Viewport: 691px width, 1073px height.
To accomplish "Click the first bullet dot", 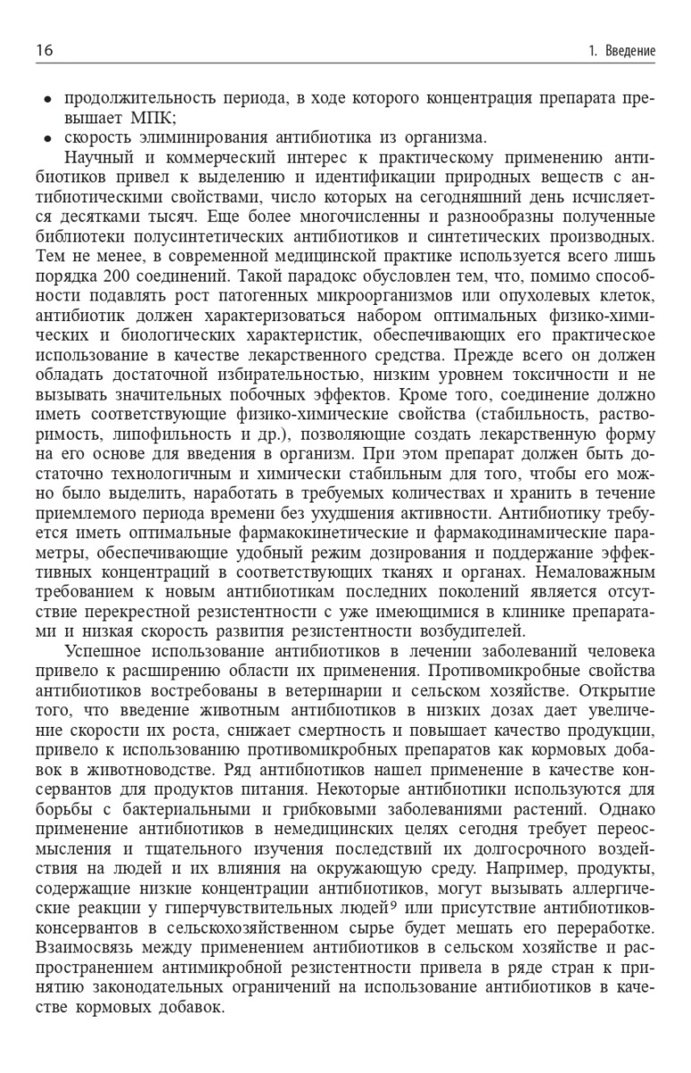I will click(x=47, y=98).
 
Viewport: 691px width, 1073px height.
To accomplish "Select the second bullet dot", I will click(x=47, y=138).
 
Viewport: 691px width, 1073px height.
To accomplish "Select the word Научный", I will click(x=98, y=156).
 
